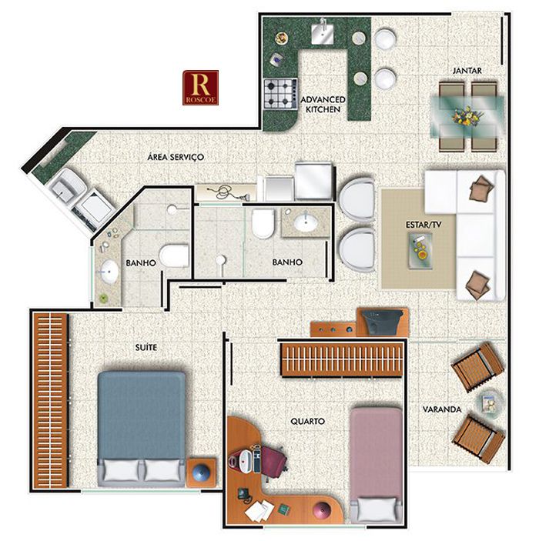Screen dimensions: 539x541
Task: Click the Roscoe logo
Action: point(200,87)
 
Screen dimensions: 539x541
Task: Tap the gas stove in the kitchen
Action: point(280,94)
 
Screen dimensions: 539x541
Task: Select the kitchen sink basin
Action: point(323,33)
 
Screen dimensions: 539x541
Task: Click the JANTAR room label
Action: point(467,70)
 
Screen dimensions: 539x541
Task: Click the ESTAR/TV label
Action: point(423,225)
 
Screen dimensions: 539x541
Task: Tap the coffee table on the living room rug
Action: point(420,250)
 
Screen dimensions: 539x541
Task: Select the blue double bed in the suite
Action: point(141,428)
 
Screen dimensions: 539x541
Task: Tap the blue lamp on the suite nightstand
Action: point(201,473)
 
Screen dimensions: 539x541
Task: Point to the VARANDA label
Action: point(442,409)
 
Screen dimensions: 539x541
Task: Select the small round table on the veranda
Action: point(490,402)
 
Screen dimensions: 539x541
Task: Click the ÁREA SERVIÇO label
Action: point(176,157)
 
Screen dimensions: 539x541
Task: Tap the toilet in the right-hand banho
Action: point(263,223)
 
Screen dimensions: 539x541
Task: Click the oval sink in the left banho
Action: point(109,272)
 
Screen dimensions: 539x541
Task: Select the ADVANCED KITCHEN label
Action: point(323,104)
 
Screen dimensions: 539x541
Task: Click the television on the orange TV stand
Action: point(383,321)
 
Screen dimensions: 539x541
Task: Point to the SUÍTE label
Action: point(146,347)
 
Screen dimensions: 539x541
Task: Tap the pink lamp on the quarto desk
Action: point(321,511)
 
